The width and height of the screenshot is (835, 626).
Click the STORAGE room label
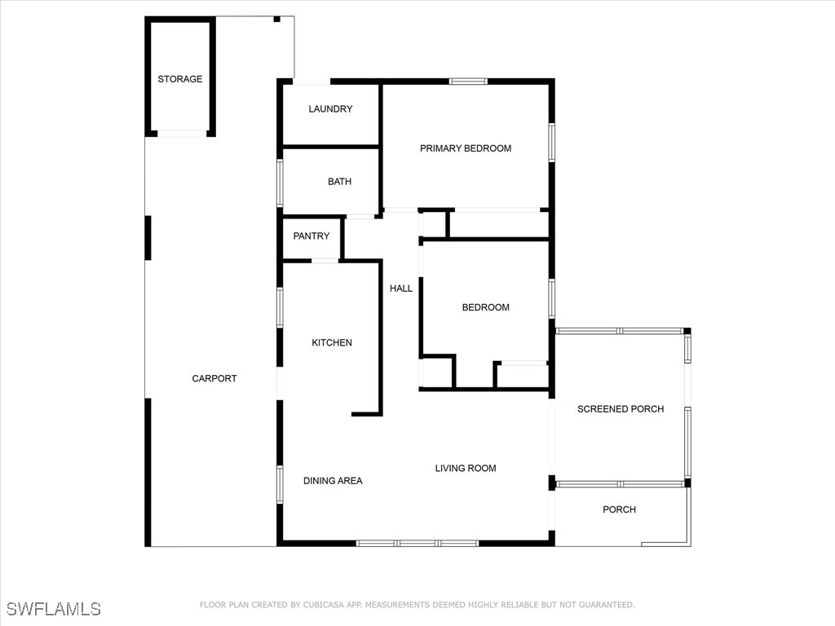point(180,79)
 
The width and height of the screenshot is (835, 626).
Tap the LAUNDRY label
point(330,108)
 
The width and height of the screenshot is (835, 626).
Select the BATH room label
point(339,182)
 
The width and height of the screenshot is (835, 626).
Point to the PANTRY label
point(311,236)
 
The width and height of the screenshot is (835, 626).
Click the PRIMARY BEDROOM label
point(466,148)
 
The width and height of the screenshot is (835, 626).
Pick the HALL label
point(401,289)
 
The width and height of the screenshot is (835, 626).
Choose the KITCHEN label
point(332,343)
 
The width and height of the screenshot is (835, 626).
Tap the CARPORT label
point(214,378)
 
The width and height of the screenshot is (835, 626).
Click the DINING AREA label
point(333,481)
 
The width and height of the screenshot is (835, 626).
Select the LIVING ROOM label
point(466,469)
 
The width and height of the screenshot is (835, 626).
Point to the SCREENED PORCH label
point(621,409)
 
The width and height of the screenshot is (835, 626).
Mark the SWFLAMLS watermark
point(53,609)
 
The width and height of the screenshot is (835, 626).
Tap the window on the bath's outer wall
point(280,183)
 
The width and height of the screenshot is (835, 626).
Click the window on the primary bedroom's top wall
point(468,82)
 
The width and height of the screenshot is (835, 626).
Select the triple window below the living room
point(417,543)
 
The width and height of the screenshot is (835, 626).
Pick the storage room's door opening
point(182,134)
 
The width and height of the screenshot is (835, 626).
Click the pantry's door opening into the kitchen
point(325,261)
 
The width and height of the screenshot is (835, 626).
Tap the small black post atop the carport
point(277,20)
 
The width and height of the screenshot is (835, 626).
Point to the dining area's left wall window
point(280,484)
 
